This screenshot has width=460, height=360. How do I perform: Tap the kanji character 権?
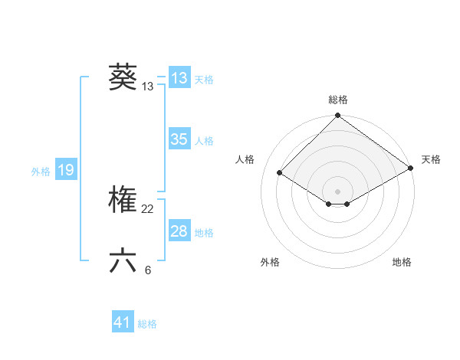pos(123,201)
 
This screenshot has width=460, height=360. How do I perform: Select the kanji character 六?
pos(123,261)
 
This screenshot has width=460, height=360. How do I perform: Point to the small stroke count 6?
pos(148,270)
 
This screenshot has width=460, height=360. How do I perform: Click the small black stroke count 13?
pos(148,87)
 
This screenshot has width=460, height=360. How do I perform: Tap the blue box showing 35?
pos(179,139)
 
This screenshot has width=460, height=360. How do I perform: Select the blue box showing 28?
pos(179,231)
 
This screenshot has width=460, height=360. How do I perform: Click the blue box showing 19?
pos(66,170)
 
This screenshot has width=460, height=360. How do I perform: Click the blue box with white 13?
pos(179,78)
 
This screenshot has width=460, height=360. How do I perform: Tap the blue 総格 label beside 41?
pos(147,324)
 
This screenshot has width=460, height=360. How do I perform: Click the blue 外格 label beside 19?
pos(41,172)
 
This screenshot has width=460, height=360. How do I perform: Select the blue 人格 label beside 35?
pos(204,141)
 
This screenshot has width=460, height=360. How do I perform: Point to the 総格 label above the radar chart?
pos(338,100)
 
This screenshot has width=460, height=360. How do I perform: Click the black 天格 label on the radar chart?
pos(431,159)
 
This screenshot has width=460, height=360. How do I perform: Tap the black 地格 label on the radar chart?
pos(402,262)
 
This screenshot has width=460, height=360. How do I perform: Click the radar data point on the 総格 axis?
pos(338,116)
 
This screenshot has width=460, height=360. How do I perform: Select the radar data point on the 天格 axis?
pos(410,169)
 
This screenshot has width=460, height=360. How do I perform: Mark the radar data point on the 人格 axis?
pos(280,173)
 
